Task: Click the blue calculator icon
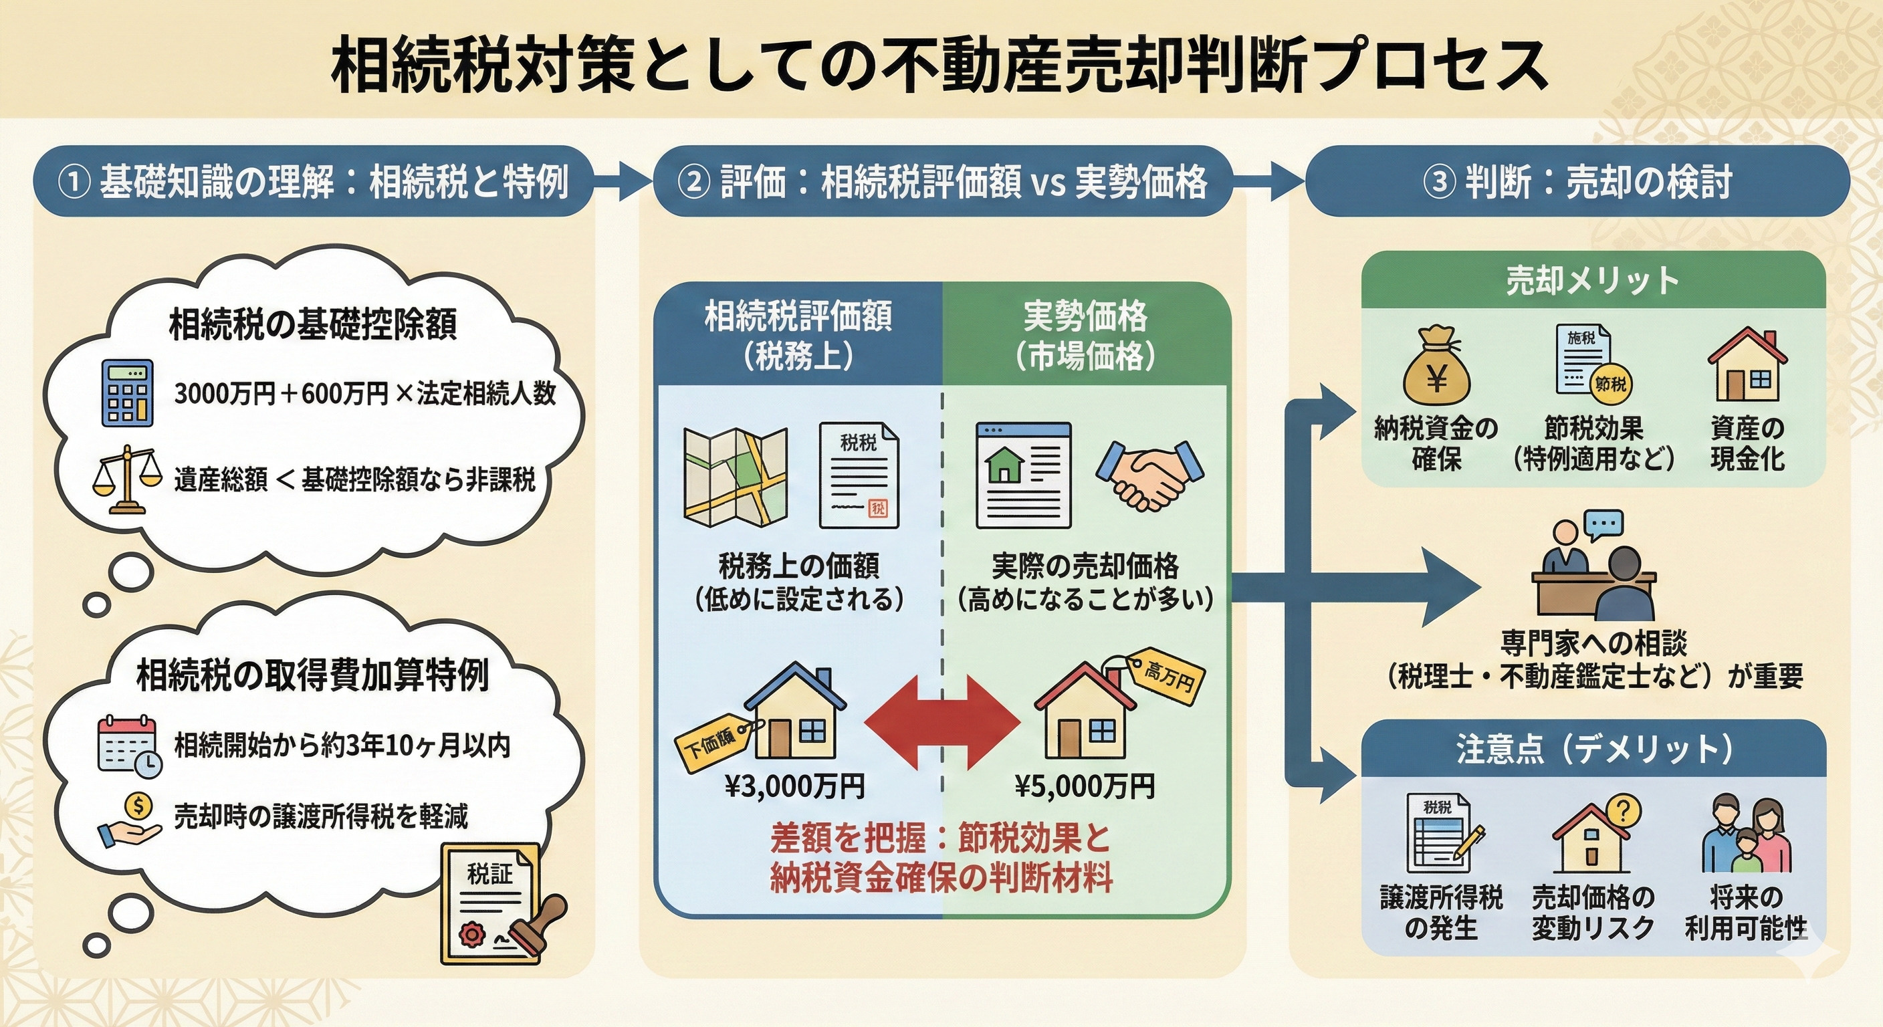127,392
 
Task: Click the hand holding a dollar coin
130,820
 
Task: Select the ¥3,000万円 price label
794,786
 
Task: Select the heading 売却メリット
1592,281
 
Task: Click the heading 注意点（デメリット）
1594,748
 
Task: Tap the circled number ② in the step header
693,181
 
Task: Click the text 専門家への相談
1593,644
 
